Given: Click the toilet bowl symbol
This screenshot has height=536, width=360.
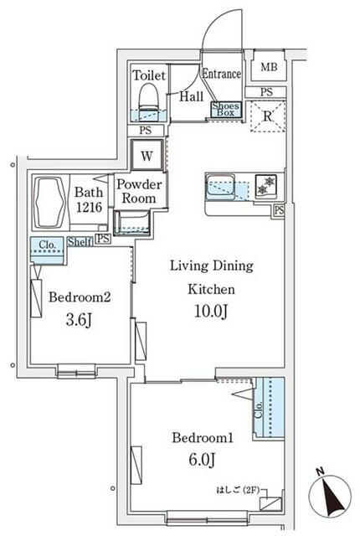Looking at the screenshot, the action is [x=149, y=98].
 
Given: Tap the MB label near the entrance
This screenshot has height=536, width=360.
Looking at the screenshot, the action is [x=269, y=67].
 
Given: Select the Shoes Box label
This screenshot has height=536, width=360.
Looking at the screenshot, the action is [x=225, y=110].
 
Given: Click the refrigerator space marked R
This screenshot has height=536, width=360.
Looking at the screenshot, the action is [x=268, y=116].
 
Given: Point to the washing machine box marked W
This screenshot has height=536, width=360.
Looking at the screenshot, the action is [x=147, y=156].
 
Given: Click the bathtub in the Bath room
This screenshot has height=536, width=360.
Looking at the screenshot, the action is [x=50, y=202].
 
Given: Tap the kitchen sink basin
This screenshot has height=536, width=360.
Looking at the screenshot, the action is [x=221, y=186].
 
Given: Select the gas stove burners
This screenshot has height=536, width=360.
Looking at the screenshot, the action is [x=265, y=185].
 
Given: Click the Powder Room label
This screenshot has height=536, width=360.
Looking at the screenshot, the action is [x=139, y=191].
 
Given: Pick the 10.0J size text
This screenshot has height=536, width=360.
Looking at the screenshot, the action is [x=211, y=311].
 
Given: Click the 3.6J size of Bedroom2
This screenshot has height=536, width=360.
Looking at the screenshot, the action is [x=79, y=320].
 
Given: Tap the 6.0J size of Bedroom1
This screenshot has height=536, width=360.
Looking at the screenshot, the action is [x=202, y=460].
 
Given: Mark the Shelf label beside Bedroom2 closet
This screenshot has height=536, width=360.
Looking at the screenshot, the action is [x=80, y=242].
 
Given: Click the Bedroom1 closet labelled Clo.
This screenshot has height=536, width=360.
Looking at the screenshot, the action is [x=270, y=407].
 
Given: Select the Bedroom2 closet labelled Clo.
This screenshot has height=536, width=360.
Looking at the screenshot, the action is [x=48, y=250].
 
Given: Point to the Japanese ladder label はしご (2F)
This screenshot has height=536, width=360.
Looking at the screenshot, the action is [x=237, y=490].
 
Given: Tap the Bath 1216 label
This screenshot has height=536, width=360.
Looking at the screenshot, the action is [x=89, y=199].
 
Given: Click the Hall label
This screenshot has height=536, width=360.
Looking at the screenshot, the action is [x=192, y=96].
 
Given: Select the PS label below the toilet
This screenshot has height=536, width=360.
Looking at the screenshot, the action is [x=146, y=131].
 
